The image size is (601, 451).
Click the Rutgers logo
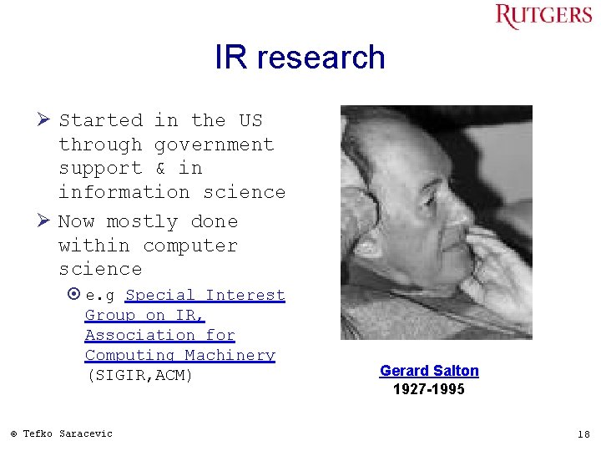coord(543,16)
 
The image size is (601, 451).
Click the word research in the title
coord(321,58)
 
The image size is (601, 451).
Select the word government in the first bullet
coord(214,144)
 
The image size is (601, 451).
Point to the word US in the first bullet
coord(250,120)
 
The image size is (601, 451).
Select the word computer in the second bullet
coord(189,246)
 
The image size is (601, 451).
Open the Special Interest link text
coord(205,295)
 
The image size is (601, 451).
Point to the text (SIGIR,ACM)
coord(139,376)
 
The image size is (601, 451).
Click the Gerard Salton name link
coord(429,371)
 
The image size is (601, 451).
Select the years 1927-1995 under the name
coord(429,390)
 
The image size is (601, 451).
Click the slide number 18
coord(583,433)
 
